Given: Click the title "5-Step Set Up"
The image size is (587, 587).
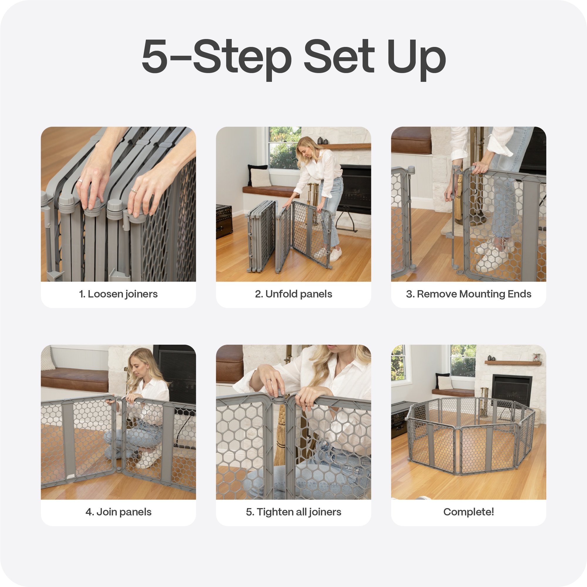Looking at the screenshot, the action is (293, 58).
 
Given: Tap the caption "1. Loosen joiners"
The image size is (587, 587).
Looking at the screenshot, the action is (118, 294).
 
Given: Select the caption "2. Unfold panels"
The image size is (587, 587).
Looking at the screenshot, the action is (293, 294).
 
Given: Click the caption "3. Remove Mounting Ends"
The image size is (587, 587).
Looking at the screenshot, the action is (468, 294).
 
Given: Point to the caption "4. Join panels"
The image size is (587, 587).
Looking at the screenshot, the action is (118, 512).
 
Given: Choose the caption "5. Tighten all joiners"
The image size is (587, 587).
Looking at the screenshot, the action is (293, 512).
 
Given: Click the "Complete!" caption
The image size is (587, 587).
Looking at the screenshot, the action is (468, 512).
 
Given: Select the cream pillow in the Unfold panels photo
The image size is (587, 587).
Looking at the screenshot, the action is (260, 178).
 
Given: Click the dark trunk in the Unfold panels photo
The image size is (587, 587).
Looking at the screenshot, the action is (224, 221).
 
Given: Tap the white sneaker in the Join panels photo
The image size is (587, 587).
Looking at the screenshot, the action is (148, 459).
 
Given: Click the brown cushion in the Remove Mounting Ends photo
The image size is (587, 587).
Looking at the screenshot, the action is (411, 140).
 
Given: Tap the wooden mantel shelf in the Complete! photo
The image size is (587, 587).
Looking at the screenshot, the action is (513, 363).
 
